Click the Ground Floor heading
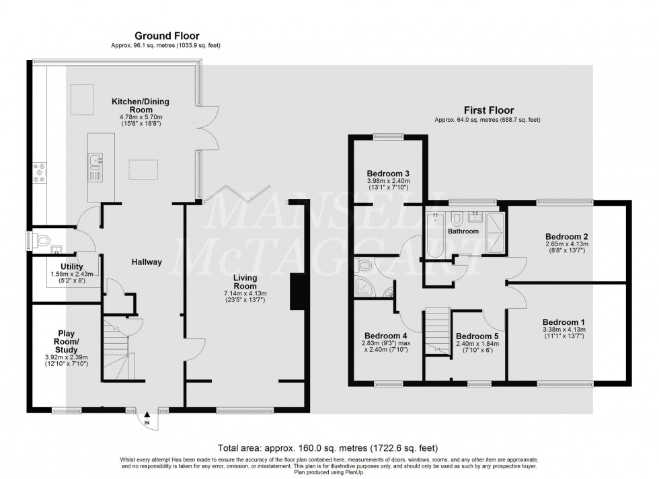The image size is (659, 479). click(x=166, y=36)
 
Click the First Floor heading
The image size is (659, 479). click(x=488, y=110)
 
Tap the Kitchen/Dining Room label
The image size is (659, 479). click(x=141, y=106)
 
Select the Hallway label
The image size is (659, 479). click(x=146, y=262)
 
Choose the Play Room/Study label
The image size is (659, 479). click(x=67, y=341)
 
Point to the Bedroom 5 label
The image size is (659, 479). click(x=477, y=336)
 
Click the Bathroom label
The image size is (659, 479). click(x=464, y=231)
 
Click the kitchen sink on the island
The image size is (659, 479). click(x=94, y=161)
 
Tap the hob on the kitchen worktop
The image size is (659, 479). click(x=38, y=174)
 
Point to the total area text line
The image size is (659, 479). click(x=329, y=447)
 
